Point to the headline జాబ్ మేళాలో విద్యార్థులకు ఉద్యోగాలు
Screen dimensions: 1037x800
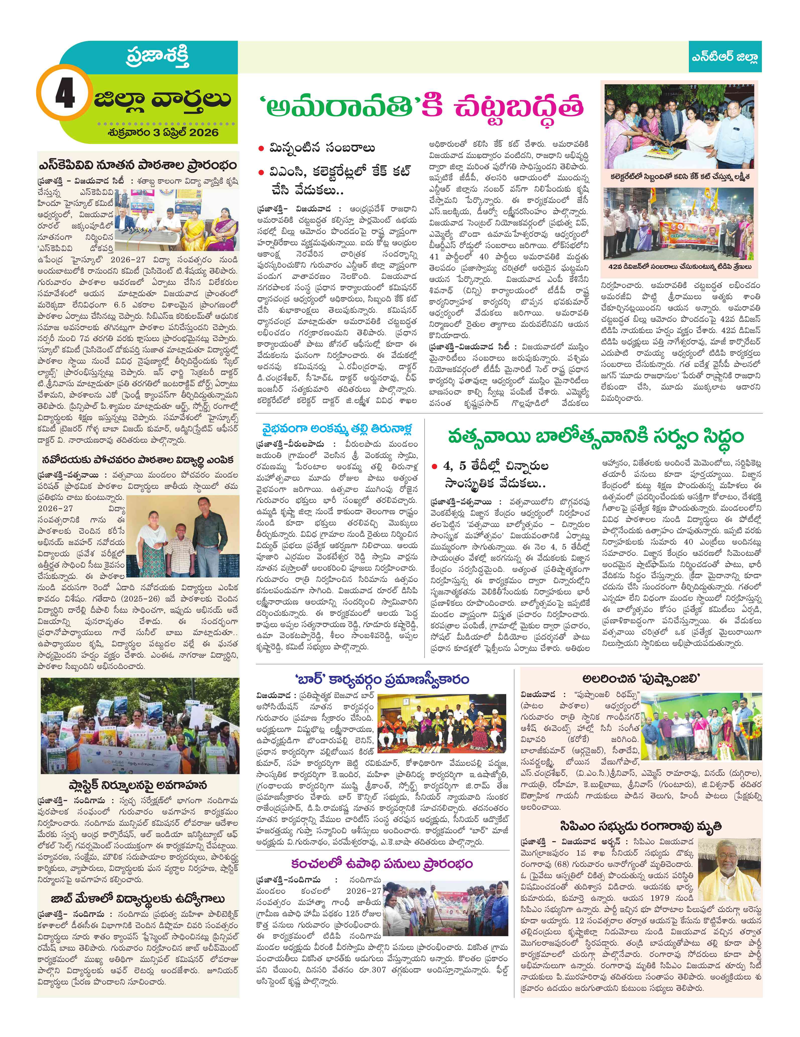point(138,899)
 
